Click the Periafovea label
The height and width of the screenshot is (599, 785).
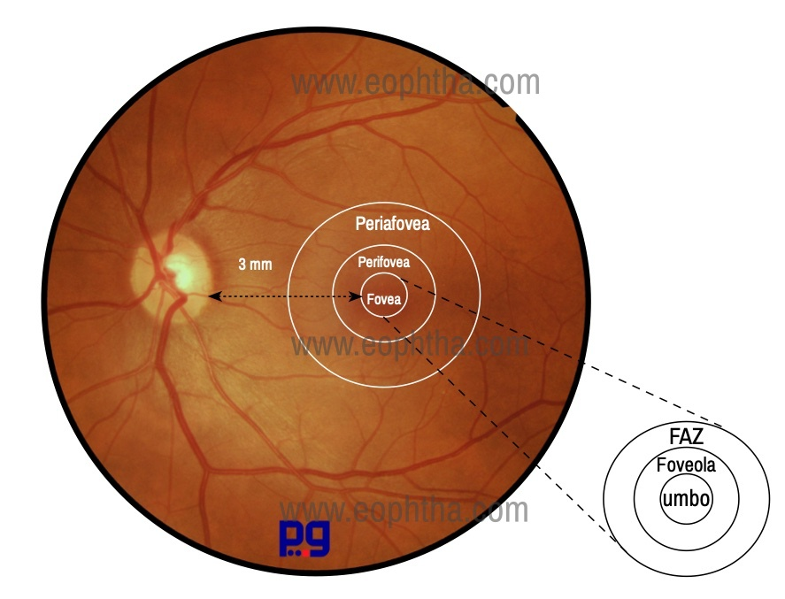coord(393,224)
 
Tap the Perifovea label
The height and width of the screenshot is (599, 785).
coord(383,262)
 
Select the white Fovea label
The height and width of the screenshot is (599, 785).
coord(384,299)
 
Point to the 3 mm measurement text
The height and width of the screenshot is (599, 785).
coord(256,265)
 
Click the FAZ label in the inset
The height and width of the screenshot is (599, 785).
coord(687,437)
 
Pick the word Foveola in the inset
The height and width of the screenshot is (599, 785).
coord(686,465)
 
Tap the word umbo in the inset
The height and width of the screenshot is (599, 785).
coord(686,498)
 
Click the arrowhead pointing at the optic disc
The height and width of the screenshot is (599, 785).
coord(215,296)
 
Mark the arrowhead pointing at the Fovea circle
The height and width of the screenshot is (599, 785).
coord(356,296)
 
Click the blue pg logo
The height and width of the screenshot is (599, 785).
coord(304,539)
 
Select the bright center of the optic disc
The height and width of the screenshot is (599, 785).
coord(179,268)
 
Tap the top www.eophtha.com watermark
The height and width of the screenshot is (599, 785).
coord(416,83)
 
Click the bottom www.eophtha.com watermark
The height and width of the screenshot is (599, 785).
coord(404,511)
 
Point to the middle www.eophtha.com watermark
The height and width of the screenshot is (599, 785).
coord(410,345)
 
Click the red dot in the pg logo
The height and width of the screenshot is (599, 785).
coord(305,553)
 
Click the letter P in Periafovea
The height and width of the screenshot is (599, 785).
coord(360,223)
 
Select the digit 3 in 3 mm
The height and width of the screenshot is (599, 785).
coord(242,265)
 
